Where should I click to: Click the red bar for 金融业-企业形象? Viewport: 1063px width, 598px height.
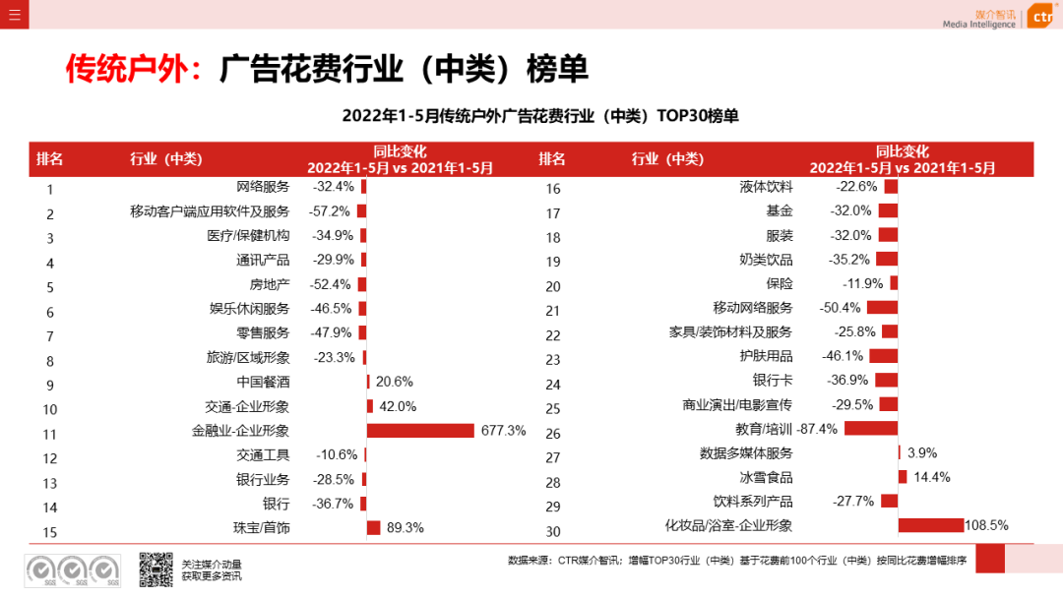[420, 431]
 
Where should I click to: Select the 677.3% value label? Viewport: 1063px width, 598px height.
[503, 431]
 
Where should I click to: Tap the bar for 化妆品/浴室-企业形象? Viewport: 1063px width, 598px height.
[930, 525]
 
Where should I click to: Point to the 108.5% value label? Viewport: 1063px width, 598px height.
[986, 525]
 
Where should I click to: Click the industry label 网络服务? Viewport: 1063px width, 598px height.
[263, 187]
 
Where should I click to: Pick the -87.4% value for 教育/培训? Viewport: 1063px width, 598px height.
[818, 429]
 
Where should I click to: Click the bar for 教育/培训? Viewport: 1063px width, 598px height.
[870, 429]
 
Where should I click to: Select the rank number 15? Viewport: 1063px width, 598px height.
[50, 532]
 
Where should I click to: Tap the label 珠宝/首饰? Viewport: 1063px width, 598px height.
[262, 528]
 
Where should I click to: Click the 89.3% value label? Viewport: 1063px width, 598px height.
[405, 528]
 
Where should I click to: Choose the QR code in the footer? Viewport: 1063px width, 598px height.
[156, 569]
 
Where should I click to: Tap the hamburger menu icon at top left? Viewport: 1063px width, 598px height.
[14, 14]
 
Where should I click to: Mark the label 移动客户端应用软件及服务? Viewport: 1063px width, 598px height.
[210, 211]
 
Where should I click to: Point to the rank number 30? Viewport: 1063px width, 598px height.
[552, 531]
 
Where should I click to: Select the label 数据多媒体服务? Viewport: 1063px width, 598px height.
[746, 453]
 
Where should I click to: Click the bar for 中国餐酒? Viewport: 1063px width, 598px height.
[368, 382]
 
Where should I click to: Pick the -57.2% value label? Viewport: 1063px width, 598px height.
[331, 211]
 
